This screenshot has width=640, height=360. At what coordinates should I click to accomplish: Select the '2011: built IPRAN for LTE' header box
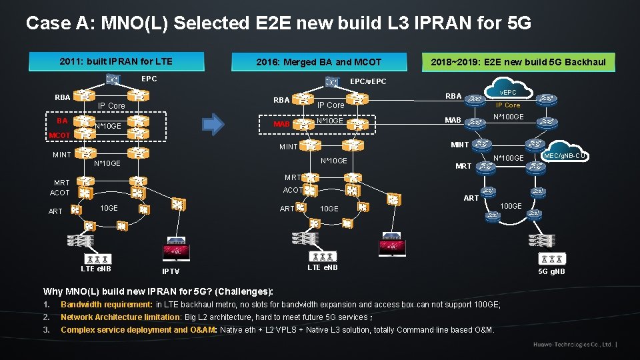(x=116, y=61)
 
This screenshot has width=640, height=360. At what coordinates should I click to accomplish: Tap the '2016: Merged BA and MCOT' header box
(x=319, y=62)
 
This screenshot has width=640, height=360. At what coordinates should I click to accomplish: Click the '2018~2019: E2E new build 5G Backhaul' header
(x=518, y=62)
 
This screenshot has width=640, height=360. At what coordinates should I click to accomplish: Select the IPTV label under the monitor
(x=171, y=271)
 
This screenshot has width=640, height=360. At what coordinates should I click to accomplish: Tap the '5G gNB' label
(x=551, y=271)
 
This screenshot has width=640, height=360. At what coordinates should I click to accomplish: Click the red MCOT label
(x=60, y=136)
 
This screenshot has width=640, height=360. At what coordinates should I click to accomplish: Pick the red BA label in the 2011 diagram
(x=62, y=121)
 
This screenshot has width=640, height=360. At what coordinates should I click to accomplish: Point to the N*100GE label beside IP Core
(x=508, y=117)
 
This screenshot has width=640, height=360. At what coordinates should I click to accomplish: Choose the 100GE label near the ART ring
(x=511, y=206)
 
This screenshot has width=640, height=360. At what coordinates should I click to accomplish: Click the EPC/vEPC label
(x=368, y=81)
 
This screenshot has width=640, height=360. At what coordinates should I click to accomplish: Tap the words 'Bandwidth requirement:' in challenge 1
(x=107, y=305)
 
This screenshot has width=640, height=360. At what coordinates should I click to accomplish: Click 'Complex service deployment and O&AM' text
(x=139, y=329)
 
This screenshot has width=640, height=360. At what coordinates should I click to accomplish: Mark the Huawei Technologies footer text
(x=572, y=345)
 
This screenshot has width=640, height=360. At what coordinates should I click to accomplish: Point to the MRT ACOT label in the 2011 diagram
(x=61, y=187)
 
